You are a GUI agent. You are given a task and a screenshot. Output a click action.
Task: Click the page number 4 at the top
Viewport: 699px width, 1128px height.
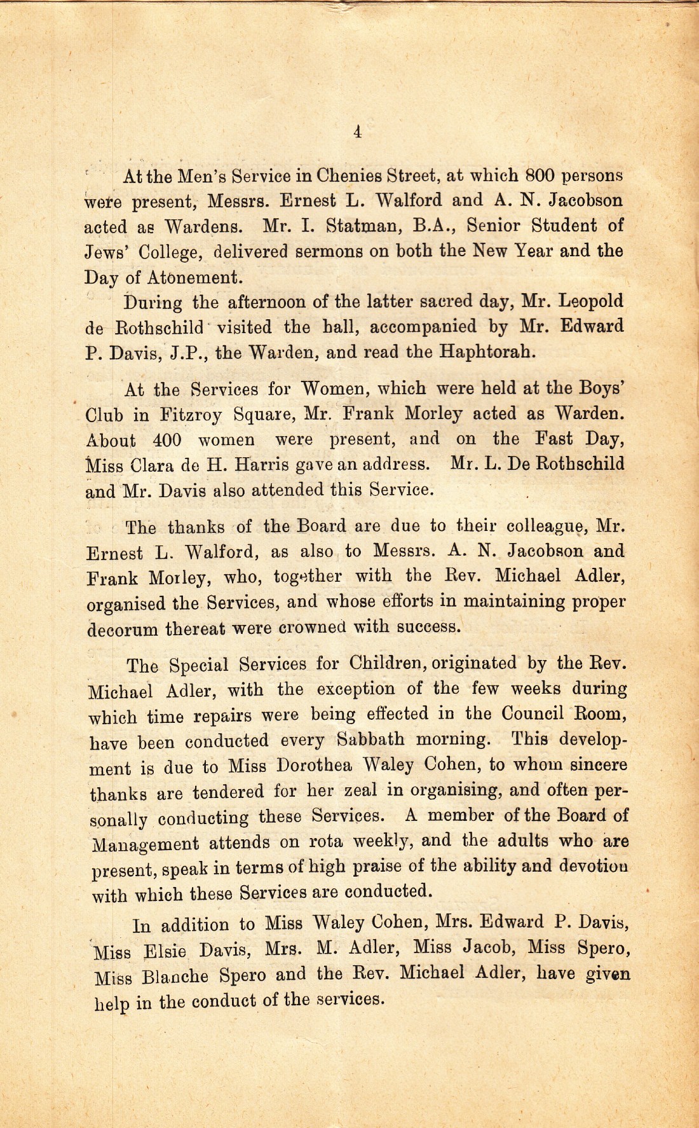click(357, 132)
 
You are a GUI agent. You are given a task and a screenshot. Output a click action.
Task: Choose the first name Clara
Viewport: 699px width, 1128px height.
click(152, 465)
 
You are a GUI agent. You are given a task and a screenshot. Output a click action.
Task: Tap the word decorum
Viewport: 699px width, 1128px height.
click(122, 629)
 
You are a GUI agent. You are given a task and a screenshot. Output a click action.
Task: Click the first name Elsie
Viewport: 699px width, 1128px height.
click(165, 951)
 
